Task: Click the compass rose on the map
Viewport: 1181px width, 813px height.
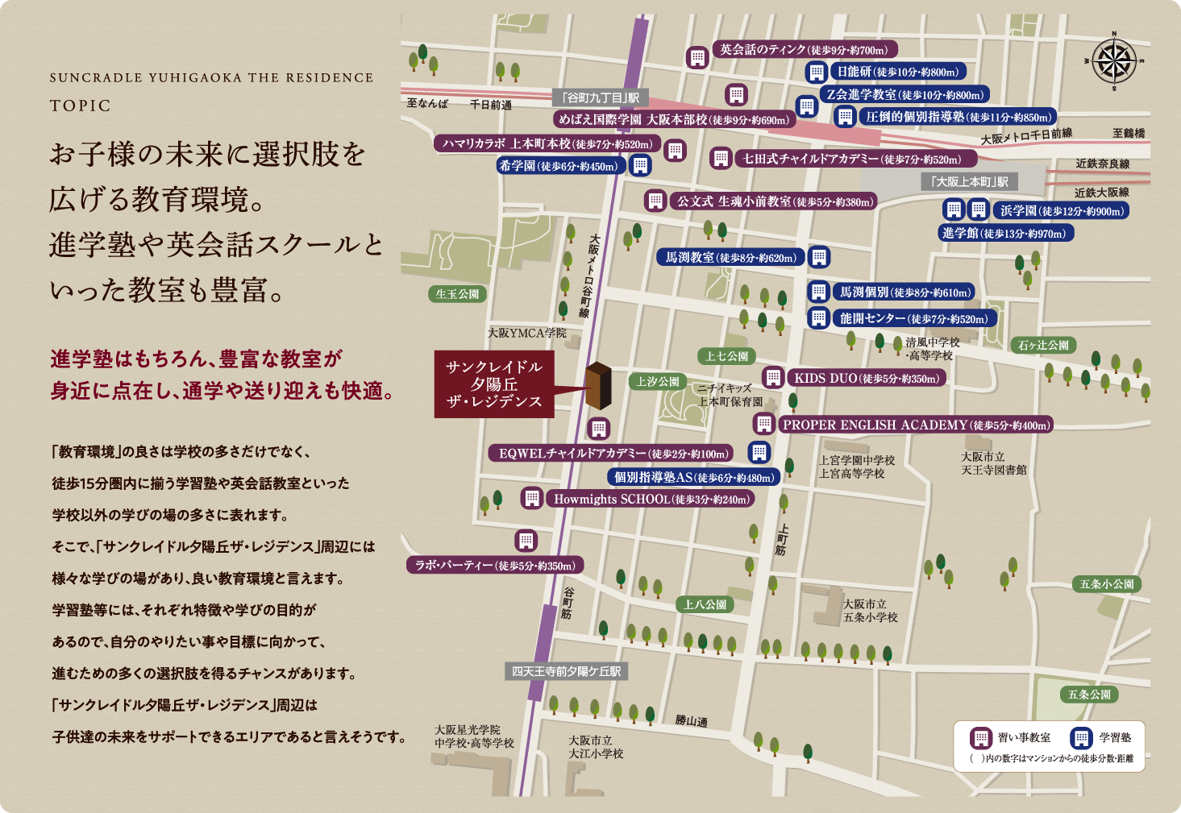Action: [x=1115, y=61]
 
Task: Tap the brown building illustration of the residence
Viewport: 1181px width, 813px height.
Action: [x=598, y=385]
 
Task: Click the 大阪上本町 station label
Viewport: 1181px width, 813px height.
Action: [x=969, y=182]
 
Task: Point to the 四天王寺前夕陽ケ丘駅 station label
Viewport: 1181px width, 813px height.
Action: [x=567, y=671]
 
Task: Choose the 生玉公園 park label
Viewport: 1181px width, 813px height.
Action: [x=457, y=294]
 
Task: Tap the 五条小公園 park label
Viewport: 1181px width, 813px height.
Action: [x=1107, y=584]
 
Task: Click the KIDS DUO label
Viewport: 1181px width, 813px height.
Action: [x=867, y=378]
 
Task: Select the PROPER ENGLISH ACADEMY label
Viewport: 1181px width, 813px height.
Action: [x=916, y=425]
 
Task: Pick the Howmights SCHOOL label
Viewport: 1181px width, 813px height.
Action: [x=651, y=500]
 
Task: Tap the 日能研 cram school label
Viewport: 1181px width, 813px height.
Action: [x=897, y=72]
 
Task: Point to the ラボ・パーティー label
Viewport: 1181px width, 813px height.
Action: [x=495, y=566]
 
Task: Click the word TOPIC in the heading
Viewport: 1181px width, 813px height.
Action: [x=80, y=106]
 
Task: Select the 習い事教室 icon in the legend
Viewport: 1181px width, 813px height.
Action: [x=981, y=738]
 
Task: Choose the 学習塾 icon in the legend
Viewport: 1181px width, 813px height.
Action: [x=1081, y=738]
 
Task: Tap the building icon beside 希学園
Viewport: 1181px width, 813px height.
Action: [x=640, y=166]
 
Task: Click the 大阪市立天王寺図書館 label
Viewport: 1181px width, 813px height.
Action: [x=993, y=463]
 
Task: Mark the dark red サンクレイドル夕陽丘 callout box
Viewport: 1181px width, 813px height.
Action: [x=494, y=384]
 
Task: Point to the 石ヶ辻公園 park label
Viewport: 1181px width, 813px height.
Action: [x=1043, y=345]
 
